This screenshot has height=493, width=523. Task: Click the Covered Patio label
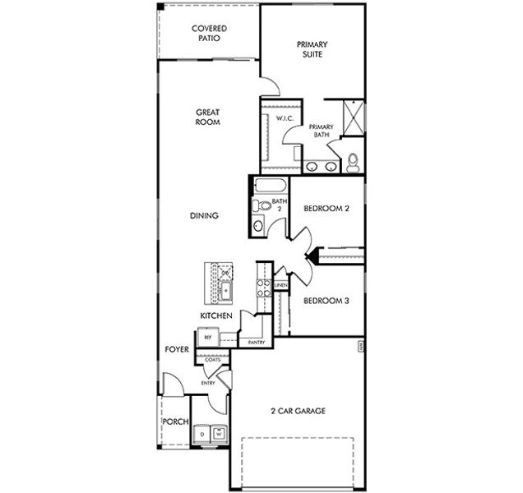point(209,33)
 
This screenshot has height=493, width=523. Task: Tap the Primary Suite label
point(312,49)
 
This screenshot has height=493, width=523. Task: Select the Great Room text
point(207,117)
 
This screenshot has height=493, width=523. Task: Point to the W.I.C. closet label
point(285,119)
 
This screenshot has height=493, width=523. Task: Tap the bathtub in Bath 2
point(268,186)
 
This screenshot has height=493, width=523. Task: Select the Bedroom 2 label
point(326,209)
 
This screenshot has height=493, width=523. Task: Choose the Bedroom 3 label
point(326,301)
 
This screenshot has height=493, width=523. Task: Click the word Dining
point(203,216)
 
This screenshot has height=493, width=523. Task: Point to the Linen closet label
point(281,285)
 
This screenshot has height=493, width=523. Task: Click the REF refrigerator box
point(208,337)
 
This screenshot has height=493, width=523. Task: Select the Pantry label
point(256,342)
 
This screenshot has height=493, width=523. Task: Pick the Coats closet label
point(212,360)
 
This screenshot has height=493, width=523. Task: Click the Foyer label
point(177,350)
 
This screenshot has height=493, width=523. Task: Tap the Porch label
point(174,422)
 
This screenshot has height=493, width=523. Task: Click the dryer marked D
point(201,432)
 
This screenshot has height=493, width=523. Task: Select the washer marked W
point(220,432)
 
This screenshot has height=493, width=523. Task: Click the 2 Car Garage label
point(299,411)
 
